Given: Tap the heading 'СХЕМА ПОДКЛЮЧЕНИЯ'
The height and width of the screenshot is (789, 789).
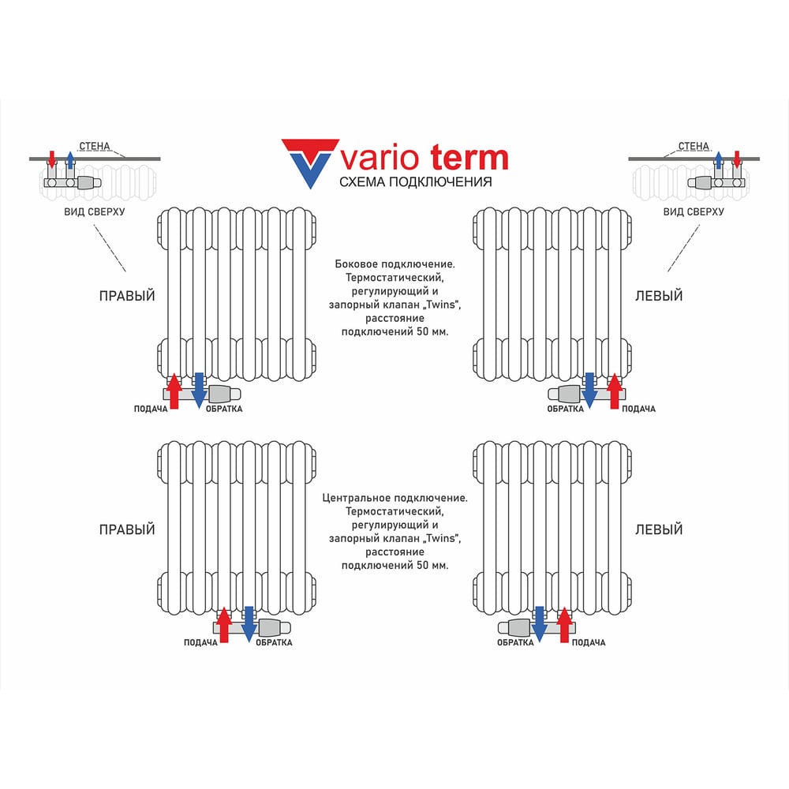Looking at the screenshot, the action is pos(416,181).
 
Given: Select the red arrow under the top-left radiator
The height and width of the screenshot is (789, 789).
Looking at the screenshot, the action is pos(174,391).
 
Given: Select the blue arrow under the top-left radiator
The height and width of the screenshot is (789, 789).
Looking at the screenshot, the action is pos(199,390).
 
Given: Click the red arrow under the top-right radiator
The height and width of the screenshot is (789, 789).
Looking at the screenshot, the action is pos(615,391).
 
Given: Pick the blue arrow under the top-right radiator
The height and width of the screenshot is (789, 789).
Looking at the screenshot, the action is pos(589,390).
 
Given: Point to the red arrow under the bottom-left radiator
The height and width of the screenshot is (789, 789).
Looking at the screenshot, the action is pos(224,624).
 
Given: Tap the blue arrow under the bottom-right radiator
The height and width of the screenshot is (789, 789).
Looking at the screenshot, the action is pos(540,624).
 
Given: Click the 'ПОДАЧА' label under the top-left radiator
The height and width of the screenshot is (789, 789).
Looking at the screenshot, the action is pos(151,409).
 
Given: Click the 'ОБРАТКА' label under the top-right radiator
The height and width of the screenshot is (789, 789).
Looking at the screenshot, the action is pos(565,409).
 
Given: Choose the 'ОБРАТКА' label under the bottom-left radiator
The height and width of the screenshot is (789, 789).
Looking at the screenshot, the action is pos(274,642).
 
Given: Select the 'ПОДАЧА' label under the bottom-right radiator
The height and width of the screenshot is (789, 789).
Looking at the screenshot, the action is pos(589,642).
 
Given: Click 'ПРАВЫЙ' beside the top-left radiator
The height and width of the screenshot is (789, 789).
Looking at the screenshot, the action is pos(127,296).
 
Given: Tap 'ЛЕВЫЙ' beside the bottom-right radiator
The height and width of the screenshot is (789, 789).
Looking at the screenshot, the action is pos(659,529).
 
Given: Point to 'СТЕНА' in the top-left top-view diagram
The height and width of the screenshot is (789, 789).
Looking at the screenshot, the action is pos(95,146).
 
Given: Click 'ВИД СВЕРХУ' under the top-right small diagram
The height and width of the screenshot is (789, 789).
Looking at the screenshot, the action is pos(694,211).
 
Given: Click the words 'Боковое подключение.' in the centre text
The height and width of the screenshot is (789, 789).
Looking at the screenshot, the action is pos(395,264).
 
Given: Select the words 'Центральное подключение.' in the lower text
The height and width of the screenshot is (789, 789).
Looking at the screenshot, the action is pos(395,498).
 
